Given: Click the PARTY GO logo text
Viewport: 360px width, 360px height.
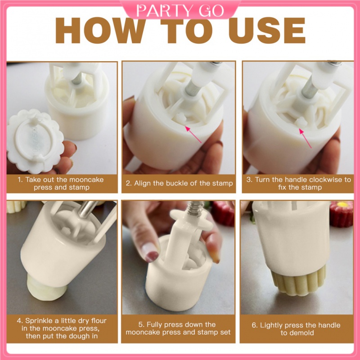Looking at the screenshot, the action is coord(180,10).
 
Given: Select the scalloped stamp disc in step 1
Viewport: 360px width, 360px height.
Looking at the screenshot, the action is coord(36,141).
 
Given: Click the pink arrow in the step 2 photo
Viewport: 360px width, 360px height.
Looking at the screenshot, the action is coord(193,134).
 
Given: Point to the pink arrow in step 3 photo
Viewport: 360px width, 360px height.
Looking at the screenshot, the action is coord(305,138).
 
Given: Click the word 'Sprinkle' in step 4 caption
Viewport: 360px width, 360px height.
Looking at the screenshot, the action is coord(39,321).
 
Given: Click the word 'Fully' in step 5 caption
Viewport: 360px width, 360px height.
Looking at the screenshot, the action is coord(154,324).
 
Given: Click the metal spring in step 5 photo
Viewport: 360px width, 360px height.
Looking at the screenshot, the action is coord(196,209).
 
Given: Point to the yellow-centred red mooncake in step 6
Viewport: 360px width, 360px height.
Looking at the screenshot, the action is coord(341,214).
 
